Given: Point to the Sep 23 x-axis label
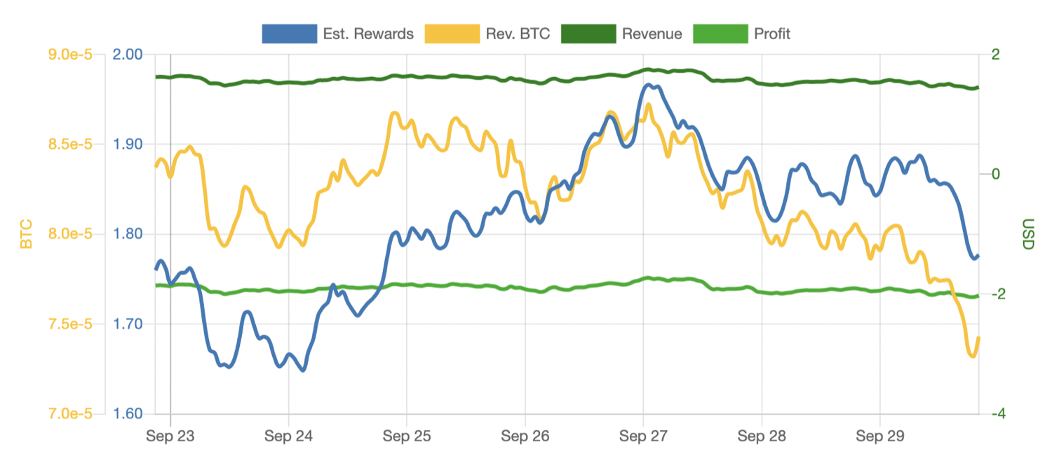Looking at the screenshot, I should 170,436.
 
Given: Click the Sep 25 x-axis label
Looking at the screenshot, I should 407,436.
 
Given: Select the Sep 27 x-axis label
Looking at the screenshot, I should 643,436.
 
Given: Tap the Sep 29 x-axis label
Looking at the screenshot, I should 879,436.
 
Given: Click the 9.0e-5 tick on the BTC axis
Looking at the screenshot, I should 72,55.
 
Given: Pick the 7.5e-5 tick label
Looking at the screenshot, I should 72,324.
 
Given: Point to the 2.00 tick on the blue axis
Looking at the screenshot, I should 128,55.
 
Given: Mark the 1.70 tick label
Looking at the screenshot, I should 128,324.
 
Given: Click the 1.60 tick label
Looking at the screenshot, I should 128,413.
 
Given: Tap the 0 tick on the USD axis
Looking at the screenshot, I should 996,174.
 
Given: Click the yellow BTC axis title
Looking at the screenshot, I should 26,234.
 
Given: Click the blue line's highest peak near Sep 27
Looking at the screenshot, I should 649,85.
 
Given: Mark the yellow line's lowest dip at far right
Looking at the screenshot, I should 973,356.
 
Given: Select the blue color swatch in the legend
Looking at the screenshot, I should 289,34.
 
